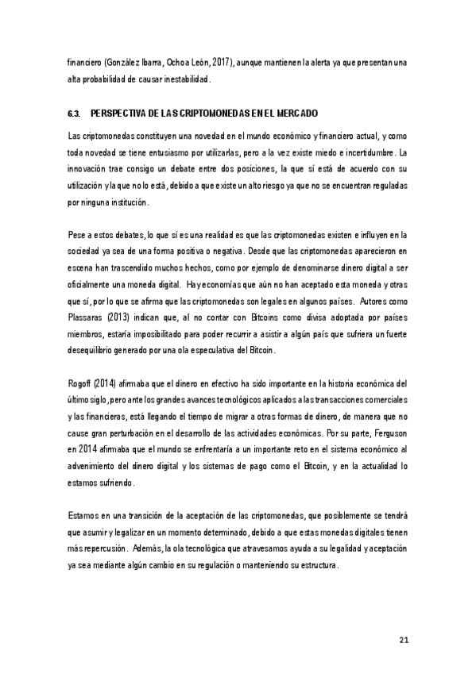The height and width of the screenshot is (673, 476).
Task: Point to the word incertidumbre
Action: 370,151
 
